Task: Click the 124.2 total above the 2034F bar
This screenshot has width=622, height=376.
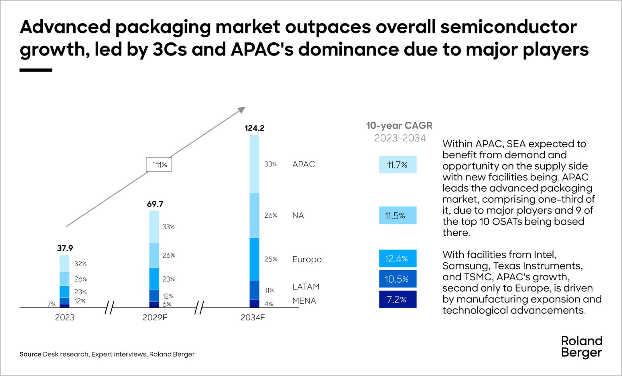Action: click(x=254, y=128)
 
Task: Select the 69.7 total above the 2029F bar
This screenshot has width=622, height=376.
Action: click(x=155, y=204)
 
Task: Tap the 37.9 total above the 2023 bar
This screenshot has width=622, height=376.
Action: click(x=65, y=248)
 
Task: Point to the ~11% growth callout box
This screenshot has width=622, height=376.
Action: click(x=159, y=164)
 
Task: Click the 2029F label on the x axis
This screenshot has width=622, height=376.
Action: click(x=155, y=317)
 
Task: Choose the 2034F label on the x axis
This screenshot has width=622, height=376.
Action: click(x=253, y=317)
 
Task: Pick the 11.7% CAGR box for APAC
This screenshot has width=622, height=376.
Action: click(x=397, y=165)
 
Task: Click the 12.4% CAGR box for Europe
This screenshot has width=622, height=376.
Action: click(x=397, y=259)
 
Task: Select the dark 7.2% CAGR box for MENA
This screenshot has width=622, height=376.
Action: click(x=397, y=299)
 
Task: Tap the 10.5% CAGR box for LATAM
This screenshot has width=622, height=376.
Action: click(x=397, y=279)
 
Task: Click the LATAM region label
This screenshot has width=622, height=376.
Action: click(x=306, y=287)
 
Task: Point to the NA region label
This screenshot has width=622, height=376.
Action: click(x=298, y=215)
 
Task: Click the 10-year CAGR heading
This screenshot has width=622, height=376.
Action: click(x=399, y=126)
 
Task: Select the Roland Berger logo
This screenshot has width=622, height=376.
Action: click(x=582, y=347)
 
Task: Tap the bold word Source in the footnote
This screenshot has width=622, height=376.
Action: click(x=30, y=354)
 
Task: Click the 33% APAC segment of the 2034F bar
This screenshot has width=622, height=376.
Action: click(x=254, y=164)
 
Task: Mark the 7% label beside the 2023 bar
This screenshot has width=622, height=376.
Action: click(x=51, y=304)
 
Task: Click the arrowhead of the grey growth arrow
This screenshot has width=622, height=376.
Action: click(x=241, y=110)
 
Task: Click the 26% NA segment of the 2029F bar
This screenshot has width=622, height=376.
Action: click(x=154, y=255)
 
